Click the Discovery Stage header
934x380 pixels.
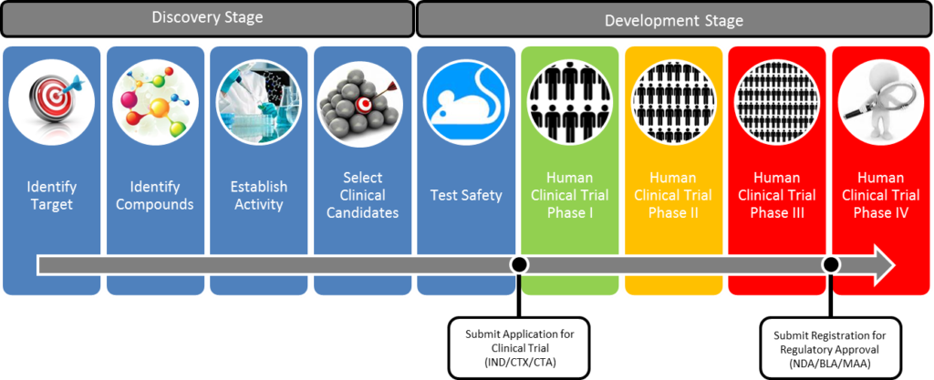click(207, 17)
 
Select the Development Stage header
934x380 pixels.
click(673, 20)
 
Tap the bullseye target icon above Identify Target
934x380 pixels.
click(52, 100)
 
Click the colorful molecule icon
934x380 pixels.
click(155, 100)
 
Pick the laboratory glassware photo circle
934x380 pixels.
click(258, 100)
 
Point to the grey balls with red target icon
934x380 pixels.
click(362, 100)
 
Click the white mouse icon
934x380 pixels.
click(466, 100)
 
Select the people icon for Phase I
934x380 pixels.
click(569, 100)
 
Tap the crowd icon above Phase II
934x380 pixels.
click(673, 100)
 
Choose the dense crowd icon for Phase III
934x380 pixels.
click(776, 100)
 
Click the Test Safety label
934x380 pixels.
click(466, 195)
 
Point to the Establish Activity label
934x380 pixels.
click(258, 195)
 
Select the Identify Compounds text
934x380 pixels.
click(155, 195)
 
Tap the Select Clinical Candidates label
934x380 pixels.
click(363, 195)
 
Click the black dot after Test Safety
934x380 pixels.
click(519, 264)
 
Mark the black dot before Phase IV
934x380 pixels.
click(830, 264)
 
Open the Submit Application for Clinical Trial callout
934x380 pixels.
click(519, 347)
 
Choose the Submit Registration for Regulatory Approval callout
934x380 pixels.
click(830, 347)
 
